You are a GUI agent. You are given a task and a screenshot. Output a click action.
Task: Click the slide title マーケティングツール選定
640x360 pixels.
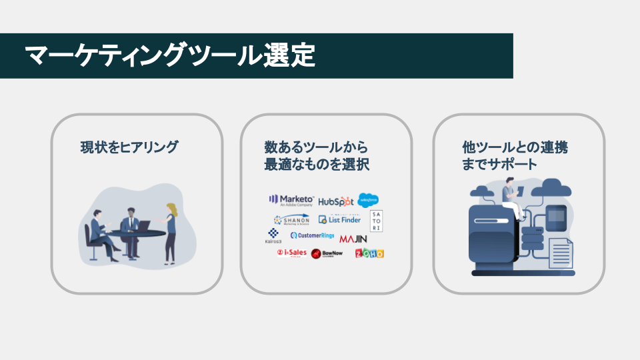pyautogui.click(x=169, y=56)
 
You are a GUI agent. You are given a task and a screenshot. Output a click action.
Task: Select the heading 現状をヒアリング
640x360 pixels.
pyautogui.click(x=129, y=147)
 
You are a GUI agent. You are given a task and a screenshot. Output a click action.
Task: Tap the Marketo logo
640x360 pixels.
pyautogui.click(x=291, y=200)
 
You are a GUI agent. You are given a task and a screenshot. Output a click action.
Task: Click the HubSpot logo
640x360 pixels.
pyautogui.click(x=335, y=201)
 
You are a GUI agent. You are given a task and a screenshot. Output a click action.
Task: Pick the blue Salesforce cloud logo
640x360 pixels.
pyautogui.click(x=368, y=199)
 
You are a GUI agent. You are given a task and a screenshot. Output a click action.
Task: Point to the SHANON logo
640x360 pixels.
pyautogui.click(x=291, y=219)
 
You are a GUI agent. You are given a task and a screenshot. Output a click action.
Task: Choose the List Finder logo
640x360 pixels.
pyautogui.click(x=339, y=219)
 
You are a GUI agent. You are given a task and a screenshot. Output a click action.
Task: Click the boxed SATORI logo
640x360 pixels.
pyautogui.click(x=376, y=221)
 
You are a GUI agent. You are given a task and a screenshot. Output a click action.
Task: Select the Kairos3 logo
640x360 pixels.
pyautogui.click(x=273, y=236)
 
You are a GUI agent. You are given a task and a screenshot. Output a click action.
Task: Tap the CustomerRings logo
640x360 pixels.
pyautogui.click(x=312, y=235)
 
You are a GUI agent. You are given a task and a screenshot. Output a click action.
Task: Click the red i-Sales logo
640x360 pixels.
pyautogui.click(x=291, y=253)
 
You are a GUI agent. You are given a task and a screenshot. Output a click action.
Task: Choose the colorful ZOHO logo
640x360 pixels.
pyautogui.click(x=369, y=253)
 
